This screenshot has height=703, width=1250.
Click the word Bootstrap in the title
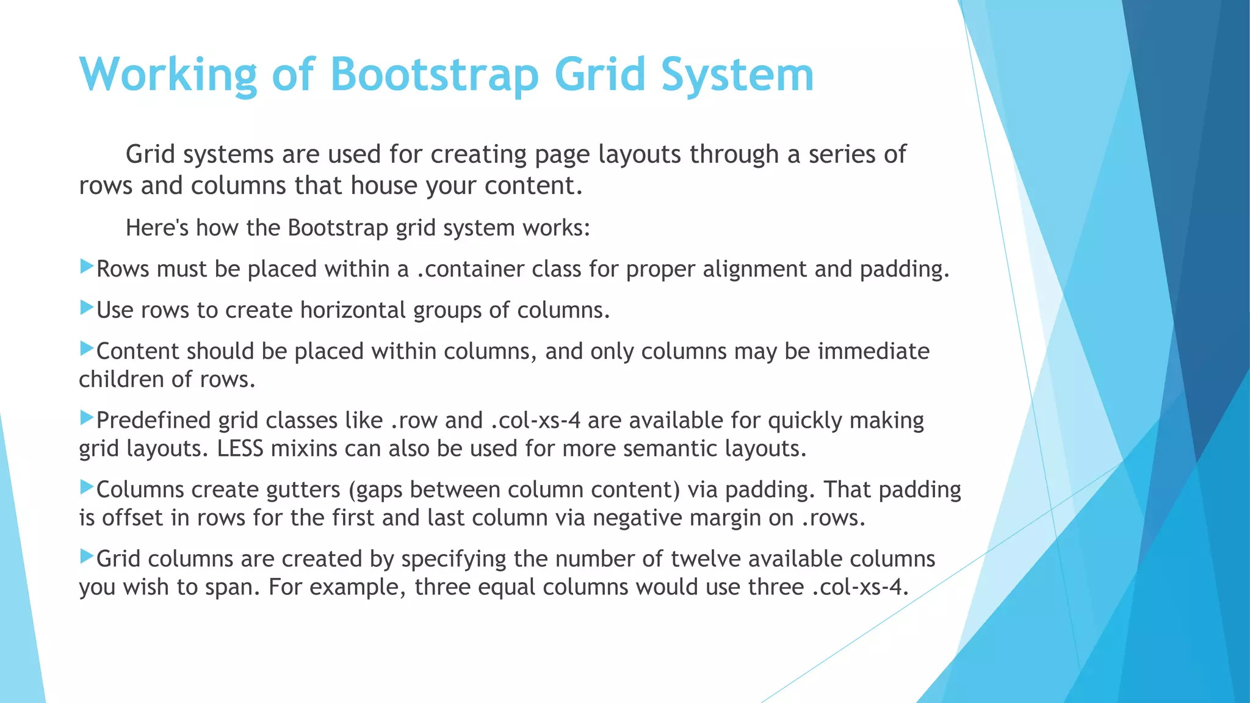(434, 74)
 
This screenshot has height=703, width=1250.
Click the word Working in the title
(168, 74)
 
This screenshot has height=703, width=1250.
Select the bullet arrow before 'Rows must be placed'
(87, 267)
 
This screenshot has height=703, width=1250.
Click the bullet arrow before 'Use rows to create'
(87, 308)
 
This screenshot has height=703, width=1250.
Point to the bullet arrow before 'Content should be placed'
(87, 349)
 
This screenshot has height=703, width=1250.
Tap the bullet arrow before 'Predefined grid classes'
(87, 418)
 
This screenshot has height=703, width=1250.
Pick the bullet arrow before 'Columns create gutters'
(87, 487)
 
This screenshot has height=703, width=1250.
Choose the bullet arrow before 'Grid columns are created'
(87, 556)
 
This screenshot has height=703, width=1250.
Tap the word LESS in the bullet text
(240, 449)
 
